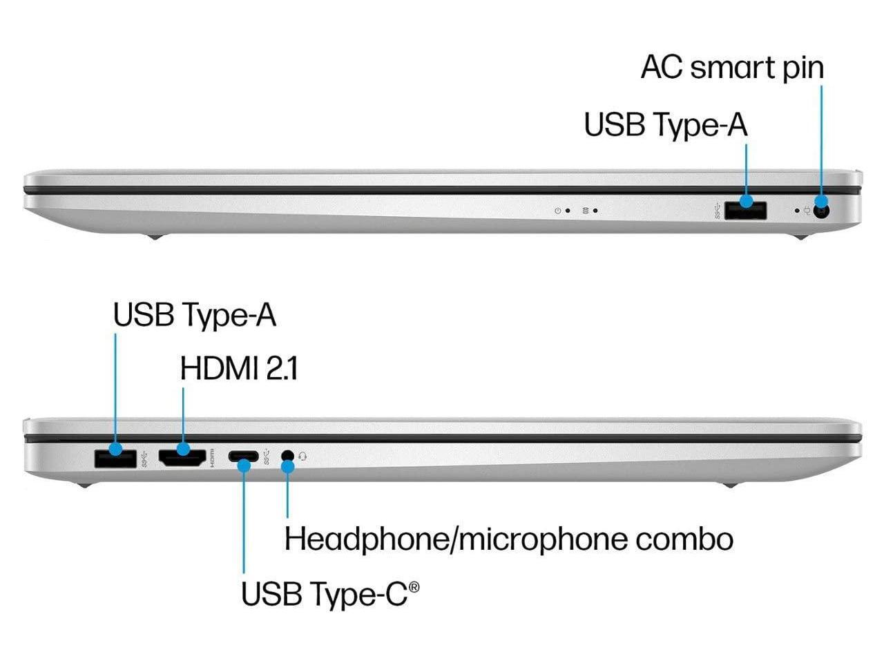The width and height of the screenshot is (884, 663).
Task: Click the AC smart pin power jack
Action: coord(821,210)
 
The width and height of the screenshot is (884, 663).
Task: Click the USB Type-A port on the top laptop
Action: coord(746,209)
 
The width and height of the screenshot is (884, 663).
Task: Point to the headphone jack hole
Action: coord(288,456)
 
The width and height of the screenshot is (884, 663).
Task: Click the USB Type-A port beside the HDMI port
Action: coord(115,457)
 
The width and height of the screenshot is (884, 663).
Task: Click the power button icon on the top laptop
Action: coord(557,211)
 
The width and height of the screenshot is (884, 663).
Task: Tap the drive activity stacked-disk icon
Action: coord(586,211)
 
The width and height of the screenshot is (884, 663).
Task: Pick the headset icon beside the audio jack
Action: coord(302,457)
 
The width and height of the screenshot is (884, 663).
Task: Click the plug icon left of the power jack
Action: coord(807,211)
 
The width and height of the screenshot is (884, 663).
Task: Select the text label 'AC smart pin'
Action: coord(732,68)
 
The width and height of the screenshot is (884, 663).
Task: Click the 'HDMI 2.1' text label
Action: coord(239,369)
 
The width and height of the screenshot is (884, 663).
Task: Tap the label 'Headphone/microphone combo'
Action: coord(508,539)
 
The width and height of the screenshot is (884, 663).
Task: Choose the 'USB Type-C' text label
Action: coord(324,594)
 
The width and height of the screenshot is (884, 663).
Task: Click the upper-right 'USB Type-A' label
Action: coord(665,125)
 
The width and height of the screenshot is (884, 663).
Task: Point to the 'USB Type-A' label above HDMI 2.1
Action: coord(194,315)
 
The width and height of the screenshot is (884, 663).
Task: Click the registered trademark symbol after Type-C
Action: coord(414,587)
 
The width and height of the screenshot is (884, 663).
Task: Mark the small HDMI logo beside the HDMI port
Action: coord(213,458)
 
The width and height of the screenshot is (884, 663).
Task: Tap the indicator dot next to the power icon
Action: coord(568,211)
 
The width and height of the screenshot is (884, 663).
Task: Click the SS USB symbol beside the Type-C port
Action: coord(267,457)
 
